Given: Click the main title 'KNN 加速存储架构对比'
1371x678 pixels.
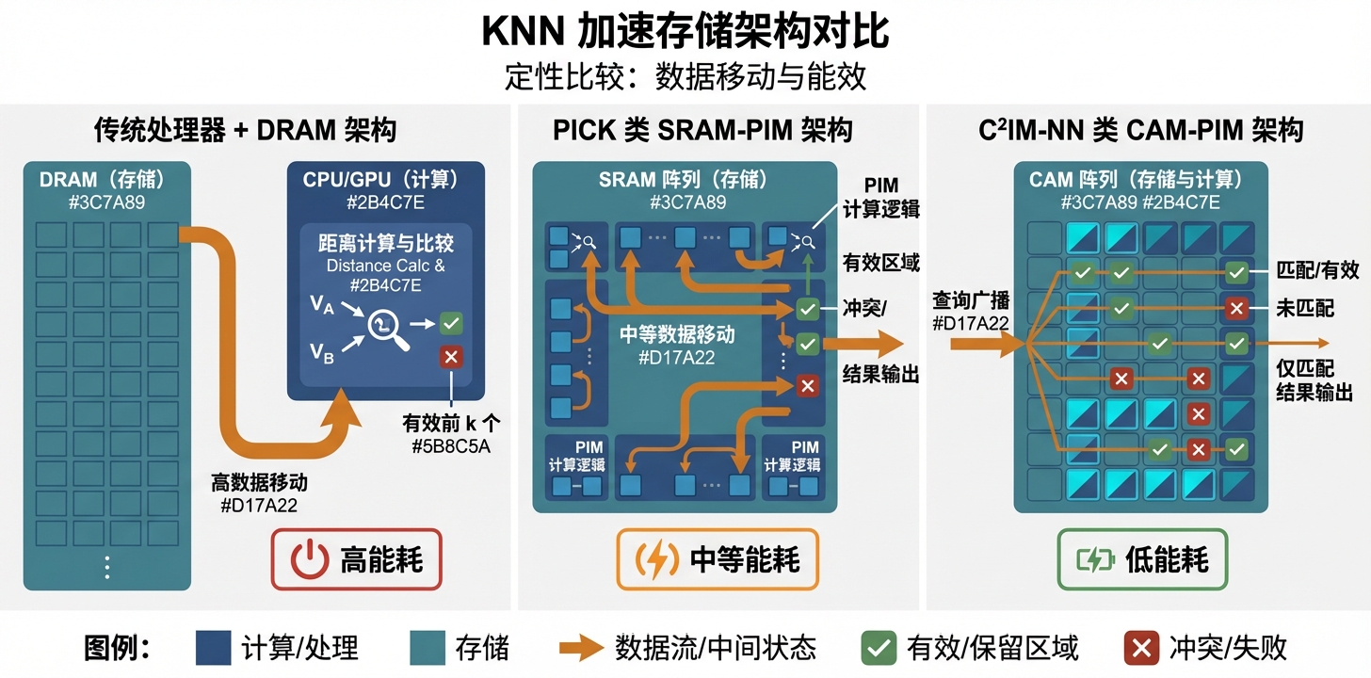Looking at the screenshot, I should pos(685,31).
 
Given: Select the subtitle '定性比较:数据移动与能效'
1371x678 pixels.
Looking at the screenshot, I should pos(685,76).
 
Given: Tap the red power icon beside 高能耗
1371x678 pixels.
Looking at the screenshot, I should pos(309,560).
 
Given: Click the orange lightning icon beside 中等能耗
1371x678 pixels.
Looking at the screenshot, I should pos(653,560).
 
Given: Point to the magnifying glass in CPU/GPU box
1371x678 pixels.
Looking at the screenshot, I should pos(387,327).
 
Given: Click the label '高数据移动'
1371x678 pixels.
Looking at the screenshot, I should pos(259,483).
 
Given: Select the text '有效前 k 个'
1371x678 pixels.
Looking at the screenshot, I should pos(451,424).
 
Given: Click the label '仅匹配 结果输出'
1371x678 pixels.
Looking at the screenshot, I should pos(1314,380).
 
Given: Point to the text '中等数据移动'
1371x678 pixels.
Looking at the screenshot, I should pos(676,334).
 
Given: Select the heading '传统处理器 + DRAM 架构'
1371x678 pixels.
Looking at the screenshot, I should pos(245,130).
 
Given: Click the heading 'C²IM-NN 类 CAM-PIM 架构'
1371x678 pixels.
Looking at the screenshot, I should pos(1141,130).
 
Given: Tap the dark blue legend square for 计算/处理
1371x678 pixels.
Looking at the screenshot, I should pos(213,648).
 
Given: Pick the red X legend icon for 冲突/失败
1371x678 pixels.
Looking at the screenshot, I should pos(1142,648).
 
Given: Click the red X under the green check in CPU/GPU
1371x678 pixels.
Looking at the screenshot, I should pos(451,357).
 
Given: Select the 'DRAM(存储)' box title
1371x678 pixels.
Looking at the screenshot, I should pos(105,180).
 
